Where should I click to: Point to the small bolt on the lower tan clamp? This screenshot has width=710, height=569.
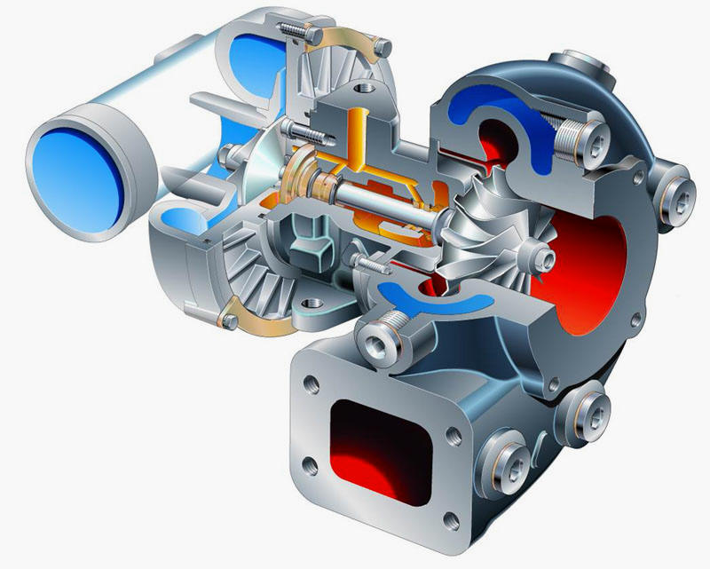coord(230,315)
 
